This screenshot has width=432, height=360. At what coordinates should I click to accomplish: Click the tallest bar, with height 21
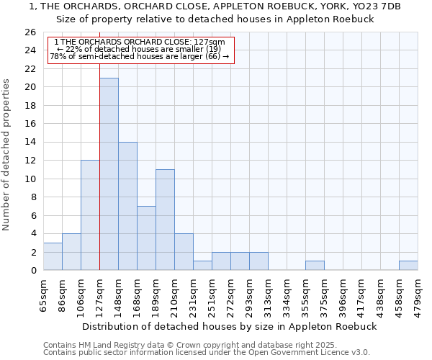click(x=109, y=174)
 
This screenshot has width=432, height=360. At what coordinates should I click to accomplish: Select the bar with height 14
click(x=127, y=206)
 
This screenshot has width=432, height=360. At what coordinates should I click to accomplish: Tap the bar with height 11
click(x=165, y=220)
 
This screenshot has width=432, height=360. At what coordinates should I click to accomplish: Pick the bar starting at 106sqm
click(x=90, y=215)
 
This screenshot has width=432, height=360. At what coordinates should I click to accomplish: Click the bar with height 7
click(x=146, y=238)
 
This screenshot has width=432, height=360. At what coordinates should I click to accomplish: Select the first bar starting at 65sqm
click(x=53, y=256)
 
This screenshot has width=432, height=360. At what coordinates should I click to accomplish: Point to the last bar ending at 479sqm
click(x=408, y=265)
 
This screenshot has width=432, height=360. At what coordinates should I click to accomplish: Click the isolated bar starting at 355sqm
click(x=315, y=265)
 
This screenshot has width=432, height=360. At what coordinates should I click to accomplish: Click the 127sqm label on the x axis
click(x=99, y=293)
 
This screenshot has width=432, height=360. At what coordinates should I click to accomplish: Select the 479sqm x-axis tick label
click(x=418, y=293)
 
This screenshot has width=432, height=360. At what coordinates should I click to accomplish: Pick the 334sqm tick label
click(x=287, y=293)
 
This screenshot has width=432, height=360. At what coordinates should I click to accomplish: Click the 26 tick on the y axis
click(x=30, y=32)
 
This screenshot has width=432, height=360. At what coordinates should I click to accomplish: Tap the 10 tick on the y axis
click(x=30, y=179)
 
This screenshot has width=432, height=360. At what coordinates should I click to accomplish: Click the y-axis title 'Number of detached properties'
click(x=7, y=155)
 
